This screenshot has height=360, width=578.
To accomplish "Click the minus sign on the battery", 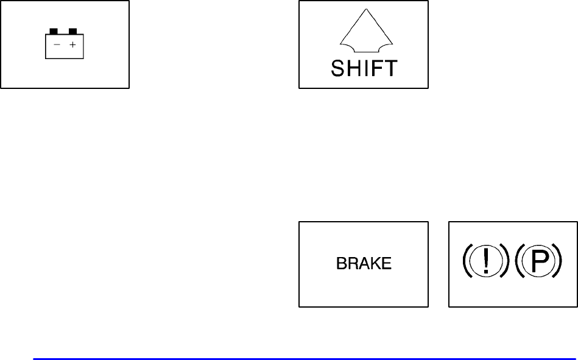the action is click(x=57, y=44).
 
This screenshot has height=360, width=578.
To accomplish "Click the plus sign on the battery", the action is click(x=72, y=44).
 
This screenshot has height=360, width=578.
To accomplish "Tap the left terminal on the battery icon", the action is click(x=54, y=30).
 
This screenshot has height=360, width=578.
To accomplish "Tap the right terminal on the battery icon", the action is click(x=73, y=30).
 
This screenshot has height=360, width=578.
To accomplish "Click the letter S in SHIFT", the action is click(x=339, y=68).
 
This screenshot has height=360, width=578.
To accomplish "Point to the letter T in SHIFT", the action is click(x=390, y=68).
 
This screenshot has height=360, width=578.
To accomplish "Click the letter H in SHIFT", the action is click(x=354, y=68).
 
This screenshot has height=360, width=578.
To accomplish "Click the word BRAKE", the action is click(x=364, y=264).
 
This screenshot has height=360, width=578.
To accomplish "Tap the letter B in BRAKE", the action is click(x=341, y=264).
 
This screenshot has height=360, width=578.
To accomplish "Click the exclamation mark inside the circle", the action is click(x=485, y=261).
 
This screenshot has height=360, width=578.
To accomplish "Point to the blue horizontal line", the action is click(x=305, y=359).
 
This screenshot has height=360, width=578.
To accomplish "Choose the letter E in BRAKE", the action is click(x=387, y=264).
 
